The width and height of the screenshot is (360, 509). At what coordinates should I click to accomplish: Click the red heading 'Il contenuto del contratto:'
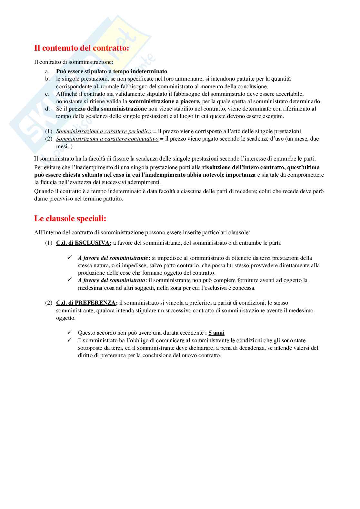tap(81, 48)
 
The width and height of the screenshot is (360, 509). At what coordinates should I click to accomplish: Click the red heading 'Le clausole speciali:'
tap(70, 219)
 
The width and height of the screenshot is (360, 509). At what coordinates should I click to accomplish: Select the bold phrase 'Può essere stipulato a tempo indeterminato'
tap(112, 71)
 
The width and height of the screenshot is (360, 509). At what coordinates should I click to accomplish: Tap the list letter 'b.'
tap(47, 79)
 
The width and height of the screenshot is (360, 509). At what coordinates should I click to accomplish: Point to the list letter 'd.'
tap(47, 109)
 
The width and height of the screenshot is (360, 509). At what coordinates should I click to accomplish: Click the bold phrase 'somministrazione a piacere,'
tap(165, 101)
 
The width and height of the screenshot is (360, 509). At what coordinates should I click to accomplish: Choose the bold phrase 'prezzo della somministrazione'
tap(107, 109)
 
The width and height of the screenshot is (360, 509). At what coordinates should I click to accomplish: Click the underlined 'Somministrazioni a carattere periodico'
tap(104, 132)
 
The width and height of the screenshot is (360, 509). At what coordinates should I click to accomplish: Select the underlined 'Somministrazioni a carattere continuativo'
tap(107, 139)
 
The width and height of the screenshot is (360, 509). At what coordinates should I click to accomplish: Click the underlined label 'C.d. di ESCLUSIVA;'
tap(84, 243)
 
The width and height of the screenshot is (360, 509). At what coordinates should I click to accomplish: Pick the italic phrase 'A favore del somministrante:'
tap(114, 258)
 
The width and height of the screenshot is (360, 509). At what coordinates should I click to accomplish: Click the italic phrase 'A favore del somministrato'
tap(111, 280)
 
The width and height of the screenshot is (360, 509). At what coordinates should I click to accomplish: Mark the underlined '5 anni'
tap(216, 333)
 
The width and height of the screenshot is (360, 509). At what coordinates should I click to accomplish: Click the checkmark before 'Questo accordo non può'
tap(69, 332)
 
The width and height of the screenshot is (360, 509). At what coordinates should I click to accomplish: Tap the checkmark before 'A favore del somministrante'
tap(69, 258)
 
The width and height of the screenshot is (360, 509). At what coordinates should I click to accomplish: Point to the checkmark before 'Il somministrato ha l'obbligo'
tap(69, 340)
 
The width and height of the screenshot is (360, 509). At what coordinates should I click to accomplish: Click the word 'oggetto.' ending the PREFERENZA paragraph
tap(66, 318)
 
